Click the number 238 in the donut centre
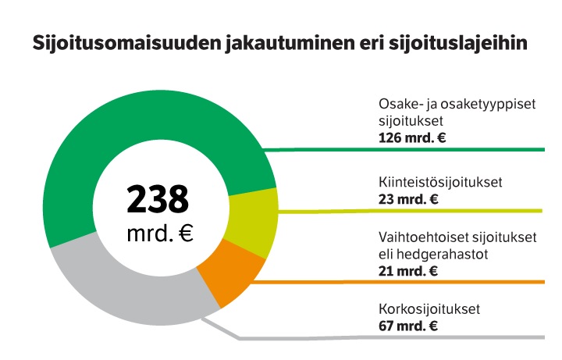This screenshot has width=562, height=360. pyautogui.click(x=158, y=200)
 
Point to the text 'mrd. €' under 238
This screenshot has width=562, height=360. pyautogui.click(x=159, y=233)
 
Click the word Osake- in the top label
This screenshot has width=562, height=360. pyautogui.click(x=400, y=106)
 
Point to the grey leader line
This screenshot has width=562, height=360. pyautogui.click(x=390, y=337)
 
